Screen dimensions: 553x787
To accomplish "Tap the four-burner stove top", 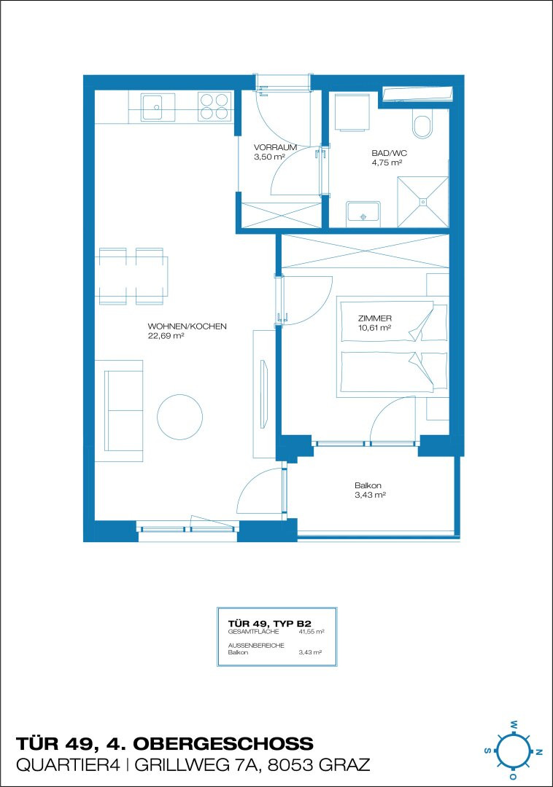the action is (214, 106).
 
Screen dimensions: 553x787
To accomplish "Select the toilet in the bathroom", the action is (422, 127).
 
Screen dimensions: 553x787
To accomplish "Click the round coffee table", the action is (179, 416).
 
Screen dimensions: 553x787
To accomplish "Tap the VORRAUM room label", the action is (275, 147).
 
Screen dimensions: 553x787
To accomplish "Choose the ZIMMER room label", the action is (375, 318).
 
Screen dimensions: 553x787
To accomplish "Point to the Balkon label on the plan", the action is (368, 485).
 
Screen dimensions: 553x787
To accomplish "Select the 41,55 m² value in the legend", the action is (312, 631).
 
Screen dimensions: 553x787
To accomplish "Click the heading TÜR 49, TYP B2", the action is (270, 624).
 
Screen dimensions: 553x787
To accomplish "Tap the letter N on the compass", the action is (538, 752).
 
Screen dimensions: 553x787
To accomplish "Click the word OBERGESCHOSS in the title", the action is (223, 743).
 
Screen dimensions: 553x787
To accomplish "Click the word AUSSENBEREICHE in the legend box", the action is (256, 646).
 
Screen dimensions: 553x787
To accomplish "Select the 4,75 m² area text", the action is (386, 163).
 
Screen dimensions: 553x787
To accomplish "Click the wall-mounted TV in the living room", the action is (264, 393).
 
